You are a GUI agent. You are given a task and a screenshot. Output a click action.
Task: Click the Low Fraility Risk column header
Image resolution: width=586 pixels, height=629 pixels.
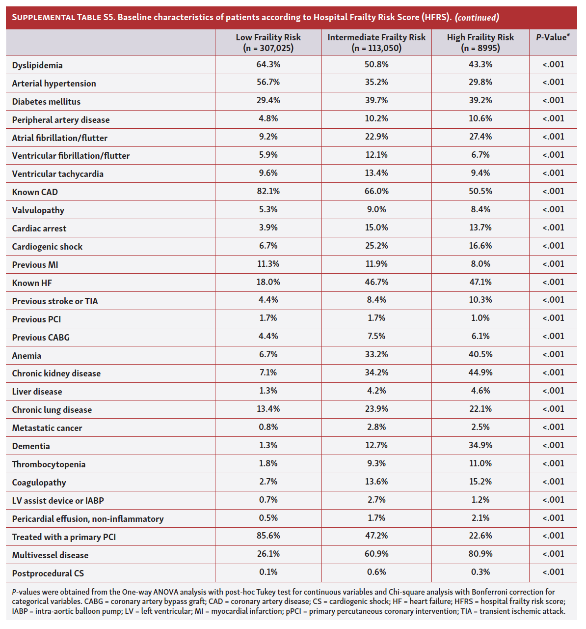pyautogui.click(x=268, y=42)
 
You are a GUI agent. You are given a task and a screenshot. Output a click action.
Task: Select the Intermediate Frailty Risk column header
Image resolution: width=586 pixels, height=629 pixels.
pyautogui.click(x=376, y=42)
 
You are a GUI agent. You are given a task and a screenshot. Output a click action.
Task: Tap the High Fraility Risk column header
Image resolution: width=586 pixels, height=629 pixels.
pyautogui.click(x=480, y=42)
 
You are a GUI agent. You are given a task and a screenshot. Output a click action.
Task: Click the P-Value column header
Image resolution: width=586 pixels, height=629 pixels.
pyautogui.click(x=553, y=37)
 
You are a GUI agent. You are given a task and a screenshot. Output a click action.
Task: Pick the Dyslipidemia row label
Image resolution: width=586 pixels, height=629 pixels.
pyautogui.click(x=37, y=65)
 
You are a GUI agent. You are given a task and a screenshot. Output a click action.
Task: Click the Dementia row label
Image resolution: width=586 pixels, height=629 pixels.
pyautogui.click(x=31, y=446)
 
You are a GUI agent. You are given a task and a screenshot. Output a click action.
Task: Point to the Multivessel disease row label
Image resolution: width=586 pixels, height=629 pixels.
pyautogui.click(x=50, y=555)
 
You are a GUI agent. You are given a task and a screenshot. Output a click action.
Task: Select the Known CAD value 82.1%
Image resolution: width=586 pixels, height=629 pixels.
pyautogui.click(x=268, y=191)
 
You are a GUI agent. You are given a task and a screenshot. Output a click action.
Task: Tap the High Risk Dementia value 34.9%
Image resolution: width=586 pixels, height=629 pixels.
pyautogui.click(x=480, y=445)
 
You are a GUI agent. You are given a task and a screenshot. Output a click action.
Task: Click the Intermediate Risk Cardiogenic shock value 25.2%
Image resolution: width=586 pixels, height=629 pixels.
pyautogui.click(x=376, y=246)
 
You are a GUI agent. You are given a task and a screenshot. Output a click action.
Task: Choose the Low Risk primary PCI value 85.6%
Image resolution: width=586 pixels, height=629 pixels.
pyautogui.click(x=268, y=536)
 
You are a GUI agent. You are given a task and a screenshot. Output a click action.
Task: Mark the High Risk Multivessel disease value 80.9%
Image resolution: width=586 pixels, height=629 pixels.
pyautogui.click(x=480, y=554)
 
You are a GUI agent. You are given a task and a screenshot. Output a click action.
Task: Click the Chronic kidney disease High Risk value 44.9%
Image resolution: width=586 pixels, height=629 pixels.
pyautogui.click(x=480, y=372)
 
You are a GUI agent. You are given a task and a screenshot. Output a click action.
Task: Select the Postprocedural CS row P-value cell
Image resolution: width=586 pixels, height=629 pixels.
pyautogui.click(x=553, y=572)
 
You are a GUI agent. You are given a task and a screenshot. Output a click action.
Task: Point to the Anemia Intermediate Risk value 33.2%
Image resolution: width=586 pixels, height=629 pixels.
pyautogui.click(x=376, y=354)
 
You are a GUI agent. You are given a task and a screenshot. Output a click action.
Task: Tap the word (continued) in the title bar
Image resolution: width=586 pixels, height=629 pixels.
pyautogui.click(x=477, y=18)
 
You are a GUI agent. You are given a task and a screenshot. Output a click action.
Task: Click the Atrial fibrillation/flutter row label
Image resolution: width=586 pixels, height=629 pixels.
pyautogui.click(x=59, y=138)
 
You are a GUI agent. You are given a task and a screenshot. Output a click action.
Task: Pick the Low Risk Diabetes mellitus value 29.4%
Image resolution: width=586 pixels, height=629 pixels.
pyautogui.click(x=268, y=100)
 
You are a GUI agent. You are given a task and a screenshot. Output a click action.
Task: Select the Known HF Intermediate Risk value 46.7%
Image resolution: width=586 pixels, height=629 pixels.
pyautogui.click(x=376, y=282)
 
